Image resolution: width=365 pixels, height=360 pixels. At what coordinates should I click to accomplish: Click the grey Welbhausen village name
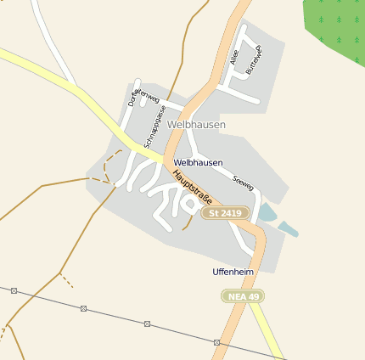(x=197, y=125)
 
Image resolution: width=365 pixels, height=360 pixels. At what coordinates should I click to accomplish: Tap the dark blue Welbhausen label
(x=198, y=162)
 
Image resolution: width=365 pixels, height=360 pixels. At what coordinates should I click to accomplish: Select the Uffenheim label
(x=233, y=272)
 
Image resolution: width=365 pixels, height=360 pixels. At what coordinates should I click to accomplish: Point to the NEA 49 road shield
(x=243, y=295)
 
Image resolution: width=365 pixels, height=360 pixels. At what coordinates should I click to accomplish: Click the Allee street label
(x=234, y=59)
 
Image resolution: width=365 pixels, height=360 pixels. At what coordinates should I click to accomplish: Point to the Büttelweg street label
(x=254, y=60)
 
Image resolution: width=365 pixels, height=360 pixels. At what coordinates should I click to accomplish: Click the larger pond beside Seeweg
(x=267, y=212)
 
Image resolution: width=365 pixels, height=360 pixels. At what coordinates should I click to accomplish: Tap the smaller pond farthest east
(x=289, y=228)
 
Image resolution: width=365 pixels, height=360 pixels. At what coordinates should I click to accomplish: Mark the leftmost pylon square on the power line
(x=14, y=290)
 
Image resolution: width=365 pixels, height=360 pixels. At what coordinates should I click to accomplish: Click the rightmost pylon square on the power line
(x=217, y=342)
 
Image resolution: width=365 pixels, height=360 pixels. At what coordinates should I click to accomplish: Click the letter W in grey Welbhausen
(x=173, y=125)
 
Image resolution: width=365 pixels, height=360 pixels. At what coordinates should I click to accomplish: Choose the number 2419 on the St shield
(x=233, y=213)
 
